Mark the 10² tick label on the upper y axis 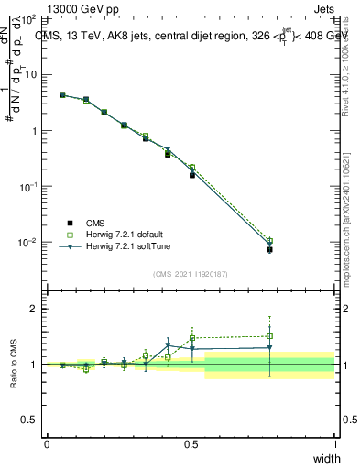(28, 19)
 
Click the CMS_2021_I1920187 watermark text (191, 274)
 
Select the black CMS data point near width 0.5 (192, 174)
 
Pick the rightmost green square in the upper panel (269, 240)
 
